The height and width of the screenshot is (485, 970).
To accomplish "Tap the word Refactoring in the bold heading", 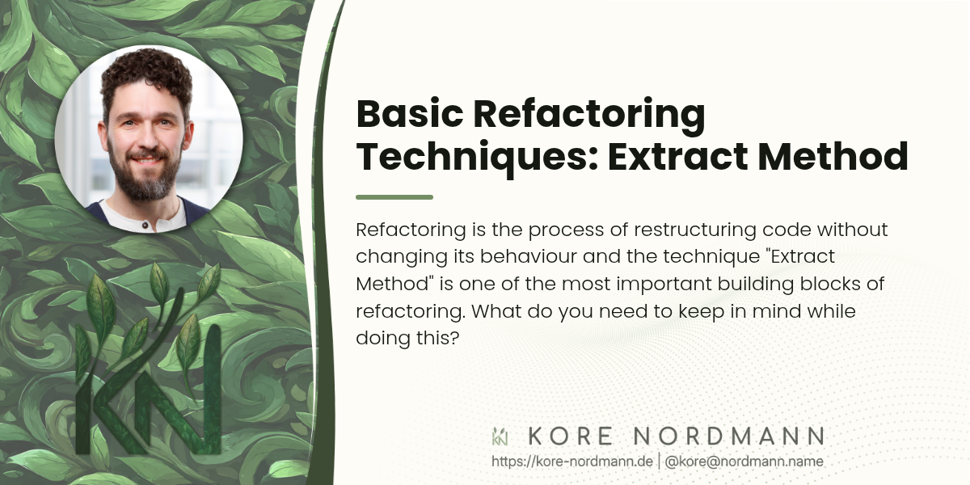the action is click(x=589, y=116).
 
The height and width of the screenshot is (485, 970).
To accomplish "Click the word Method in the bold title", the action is click(x=833, y=155).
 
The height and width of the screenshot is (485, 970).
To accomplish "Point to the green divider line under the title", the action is click(x=394, y=197).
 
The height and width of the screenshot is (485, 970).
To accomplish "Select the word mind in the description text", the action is click(x=776, y=311).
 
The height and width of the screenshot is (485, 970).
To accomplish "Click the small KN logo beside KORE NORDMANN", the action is click(x=500, y=436).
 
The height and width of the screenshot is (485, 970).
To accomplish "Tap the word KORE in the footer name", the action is click(x=571, y=436).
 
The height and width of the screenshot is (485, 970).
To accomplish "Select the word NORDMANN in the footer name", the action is click(x=729, y=436).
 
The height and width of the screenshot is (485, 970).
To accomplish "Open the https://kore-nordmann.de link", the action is click(x=572, y=462).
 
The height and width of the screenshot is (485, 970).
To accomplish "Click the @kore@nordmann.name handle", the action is click(x=744, y=462).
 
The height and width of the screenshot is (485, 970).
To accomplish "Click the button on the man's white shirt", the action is click(x=145, y=226).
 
